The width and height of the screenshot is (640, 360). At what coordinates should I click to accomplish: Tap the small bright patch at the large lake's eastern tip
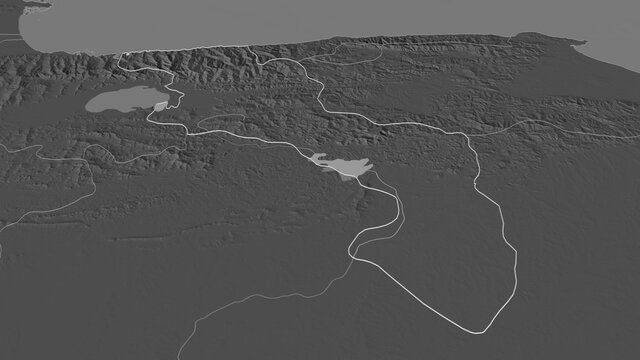pos(160,106)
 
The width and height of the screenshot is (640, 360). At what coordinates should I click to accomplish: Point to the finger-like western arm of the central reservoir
pos(317,156)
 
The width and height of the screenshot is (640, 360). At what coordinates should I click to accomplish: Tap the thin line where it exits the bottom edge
pos(181,357)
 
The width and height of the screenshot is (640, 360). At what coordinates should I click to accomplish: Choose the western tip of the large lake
pos(87,103)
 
